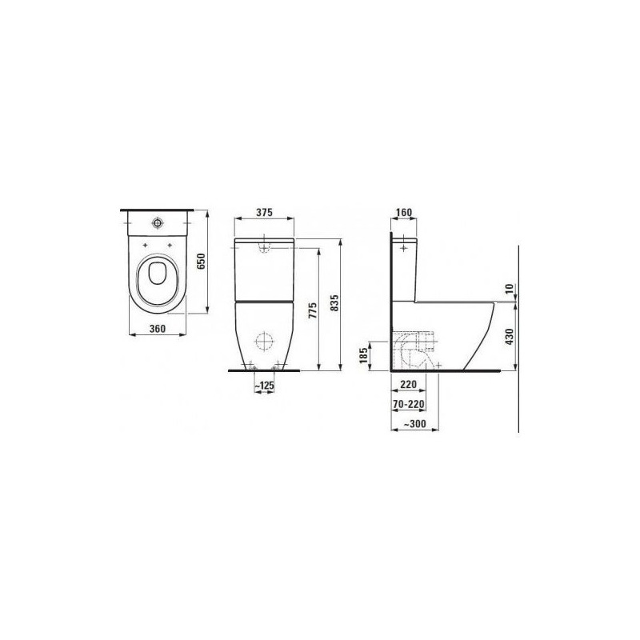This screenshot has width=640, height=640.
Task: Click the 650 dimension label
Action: pyautogui.click(x=201, y=261)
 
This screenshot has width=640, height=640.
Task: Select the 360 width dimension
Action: pyautogui.click(x=157, y=328)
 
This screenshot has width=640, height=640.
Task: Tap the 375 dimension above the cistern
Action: pyautogui.click(x=264, y=212)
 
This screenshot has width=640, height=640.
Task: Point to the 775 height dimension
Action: pyautogui.click(x=313, y=311)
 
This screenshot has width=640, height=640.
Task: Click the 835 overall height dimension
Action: pyautogui.click(x=334, y=303)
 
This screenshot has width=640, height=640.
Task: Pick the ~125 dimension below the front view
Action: pyautogui.click(x=265, y=386)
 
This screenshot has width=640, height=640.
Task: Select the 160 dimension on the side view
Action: pyautogui.click(x=404, y=212)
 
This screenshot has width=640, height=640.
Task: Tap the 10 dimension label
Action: pyautogui.click(x=509, y=289)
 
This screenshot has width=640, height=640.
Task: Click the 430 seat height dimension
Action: pyautogui.click(x=509, y=337)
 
